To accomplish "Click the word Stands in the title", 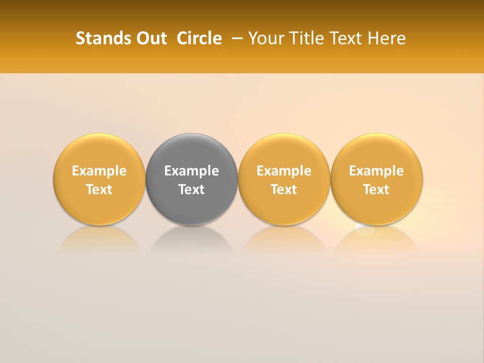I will point(98,38).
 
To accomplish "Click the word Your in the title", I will point(265,38).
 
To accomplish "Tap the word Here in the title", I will point(387,38).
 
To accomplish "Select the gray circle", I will point(192,151).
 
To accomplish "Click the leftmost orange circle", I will point(99,151).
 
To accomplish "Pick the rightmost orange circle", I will point(377,151).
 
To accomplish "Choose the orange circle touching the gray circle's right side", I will point(284,151).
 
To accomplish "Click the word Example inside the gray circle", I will point(192,171).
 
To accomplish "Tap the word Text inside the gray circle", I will point(192,190).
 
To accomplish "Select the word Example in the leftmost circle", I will point(99,171).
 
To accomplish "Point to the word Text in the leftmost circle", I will point(99,190).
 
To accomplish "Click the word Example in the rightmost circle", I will point(377,171).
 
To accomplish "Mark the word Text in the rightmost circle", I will point(377,190).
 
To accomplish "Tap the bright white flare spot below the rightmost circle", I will point(364,230).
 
